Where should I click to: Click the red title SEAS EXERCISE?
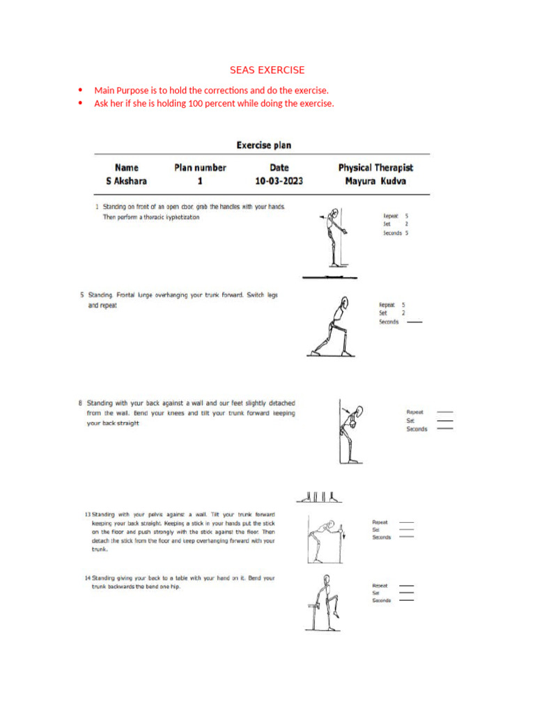coord(267,70)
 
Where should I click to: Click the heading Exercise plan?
coord(263,146)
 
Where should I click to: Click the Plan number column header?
coord(200,168)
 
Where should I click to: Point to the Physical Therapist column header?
coord(375,168)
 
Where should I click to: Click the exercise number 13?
coord(87,515)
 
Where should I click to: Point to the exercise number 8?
coord(81,403)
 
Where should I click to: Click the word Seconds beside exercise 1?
coord(392,233)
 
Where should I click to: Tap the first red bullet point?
coord(81,91)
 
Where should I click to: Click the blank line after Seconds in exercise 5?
coord(414,322)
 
